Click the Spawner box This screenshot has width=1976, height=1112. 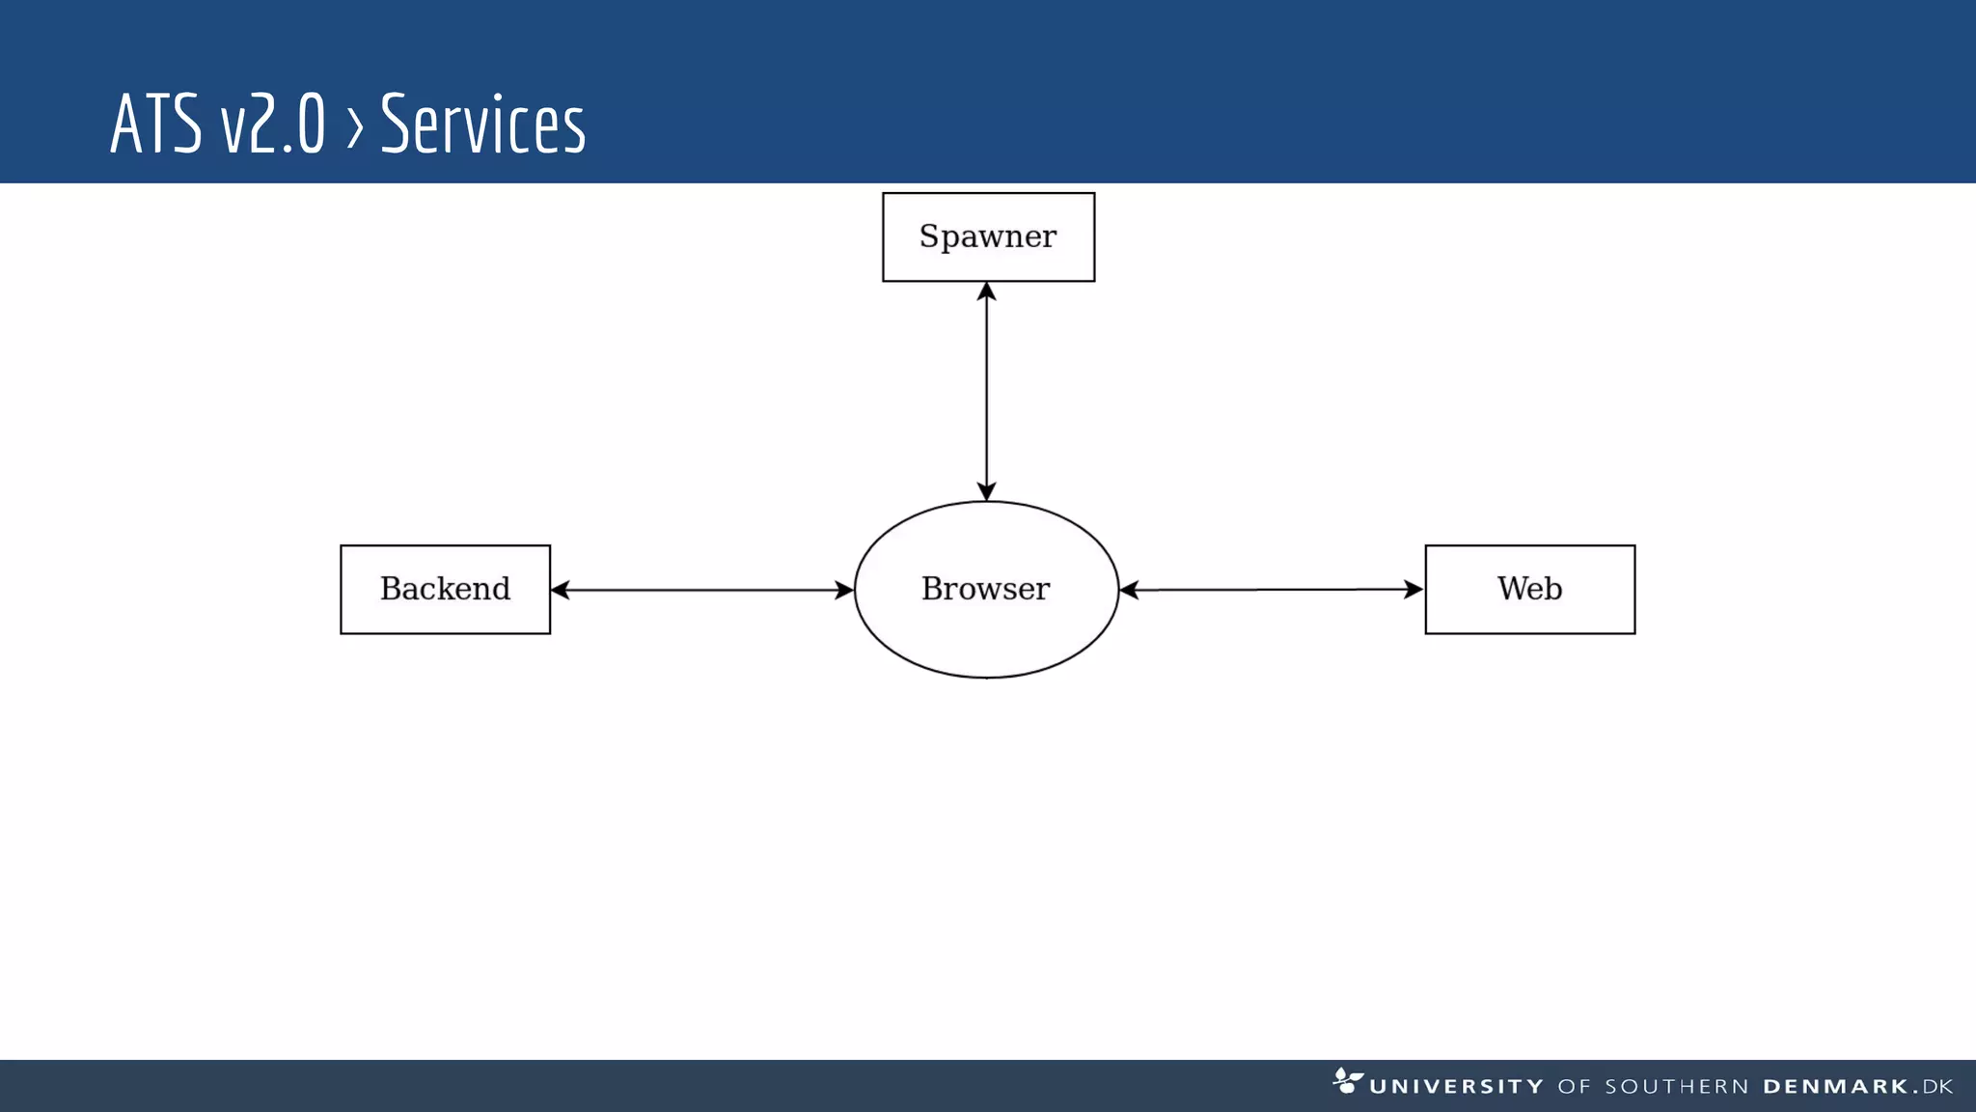click(988, 236)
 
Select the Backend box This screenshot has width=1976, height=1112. click(445, 589)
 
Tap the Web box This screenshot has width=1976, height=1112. click(1529, 589)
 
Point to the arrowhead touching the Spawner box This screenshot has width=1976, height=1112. click(986, 292)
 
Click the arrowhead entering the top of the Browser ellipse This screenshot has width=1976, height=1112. click(986, 491)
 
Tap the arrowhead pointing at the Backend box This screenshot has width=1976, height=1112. click(561, 590)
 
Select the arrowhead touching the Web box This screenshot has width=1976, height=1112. click(1413, 589)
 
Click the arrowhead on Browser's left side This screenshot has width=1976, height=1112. click(844, 590)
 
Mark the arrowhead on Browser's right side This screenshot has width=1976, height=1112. click(1130, 590)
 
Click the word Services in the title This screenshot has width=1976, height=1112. click(482, 124)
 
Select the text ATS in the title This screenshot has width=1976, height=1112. click(155, 124)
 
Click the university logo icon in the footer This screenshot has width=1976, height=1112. click(1347, 1080)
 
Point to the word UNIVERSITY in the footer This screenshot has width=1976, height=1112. click(1456, 1087)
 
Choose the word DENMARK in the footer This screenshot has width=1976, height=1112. click(1835, 1087)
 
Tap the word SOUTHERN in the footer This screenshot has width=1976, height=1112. click(1676, 1087)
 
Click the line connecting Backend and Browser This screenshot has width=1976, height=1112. click(702, 590)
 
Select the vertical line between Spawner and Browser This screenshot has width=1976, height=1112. click(986, 391)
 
